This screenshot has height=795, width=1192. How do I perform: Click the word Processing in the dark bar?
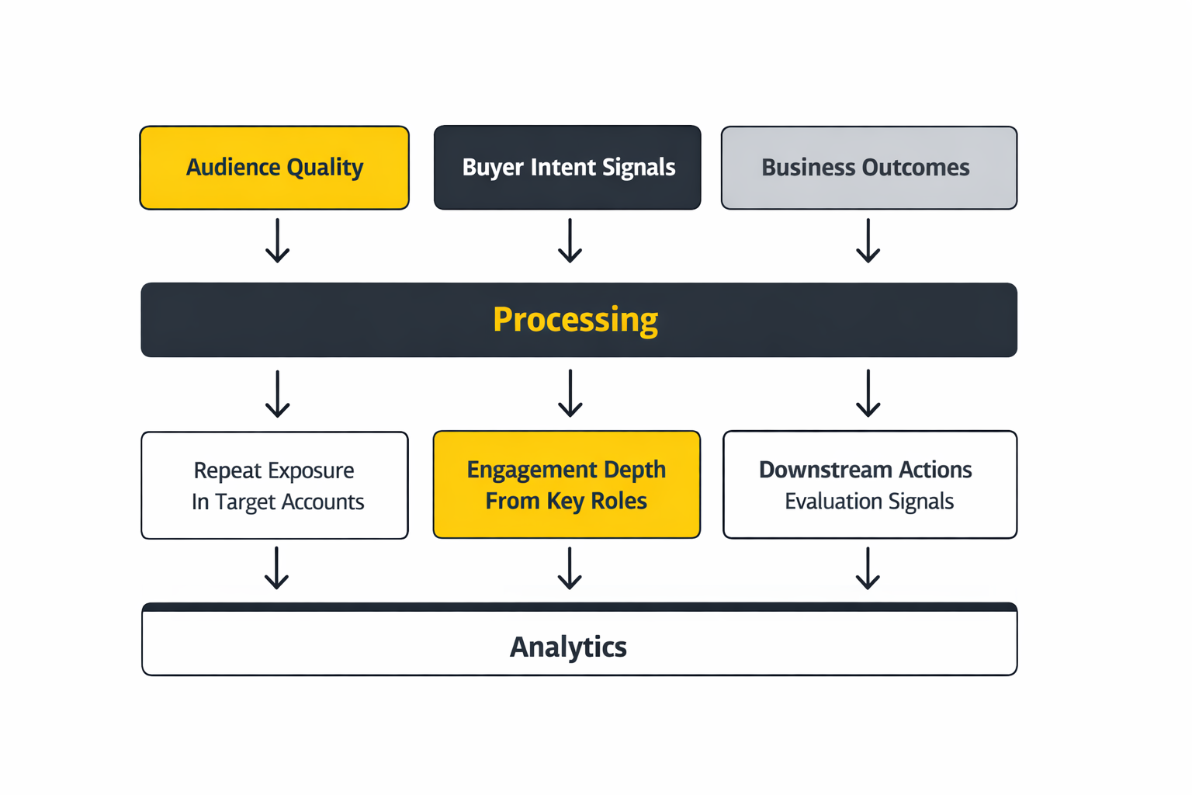575,320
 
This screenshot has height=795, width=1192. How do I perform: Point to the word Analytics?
568,647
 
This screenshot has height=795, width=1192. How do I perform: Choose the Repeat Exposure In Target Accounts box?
275,485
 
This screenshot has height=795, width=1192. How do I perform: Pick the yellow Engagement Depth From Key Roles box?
567,484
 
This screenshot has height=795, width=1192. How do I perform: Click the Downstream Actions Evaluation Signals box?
869,484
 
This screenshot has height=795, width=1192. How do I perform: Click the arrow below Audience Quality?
277,241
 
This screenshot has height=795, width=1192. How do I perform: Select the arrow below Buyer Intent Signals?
570,241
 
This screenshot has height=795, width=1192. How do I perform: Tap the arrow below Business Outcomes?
868,241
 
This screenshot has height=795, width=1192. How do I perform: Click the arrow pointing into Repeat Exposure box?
277,394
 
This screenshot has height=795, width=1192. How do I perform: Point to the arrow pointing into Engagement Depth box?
570,394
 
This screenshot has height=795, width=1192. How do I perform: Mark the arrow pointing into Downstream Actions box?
868,394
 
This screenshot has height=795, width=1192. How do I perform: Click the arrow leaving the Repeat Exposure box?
276,568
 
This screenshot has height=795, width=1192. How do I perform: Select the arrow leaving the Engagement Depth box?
570,568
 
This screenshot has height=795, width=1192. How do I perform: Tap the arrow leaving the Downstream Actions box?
868,568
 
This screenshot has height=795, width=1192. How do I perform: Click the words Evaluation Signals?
869,502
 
